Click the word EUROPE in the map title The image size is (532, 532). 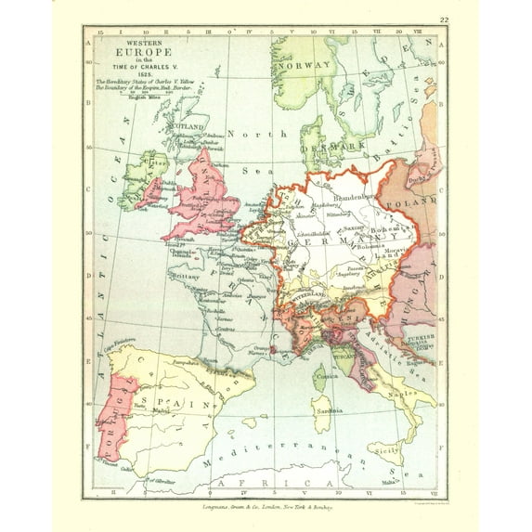(136, 54)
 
